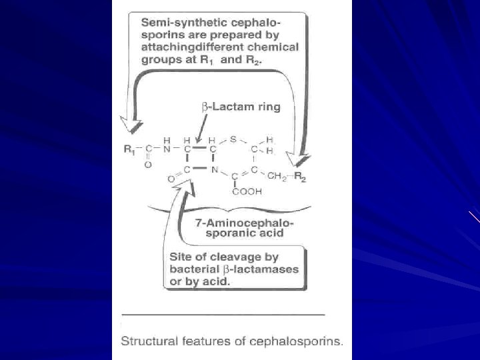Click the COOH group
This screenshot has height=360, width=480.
tap(248, 191)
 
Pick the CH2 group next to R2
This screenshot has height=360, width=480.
tap(274, 177)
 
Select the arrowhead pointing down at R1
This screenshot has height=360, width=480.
tap(131, 124)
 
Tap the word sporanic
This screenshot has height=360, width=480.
tap(213, 233)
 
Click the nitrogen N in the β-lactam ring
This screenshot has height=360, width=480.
tap(215, 169)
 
